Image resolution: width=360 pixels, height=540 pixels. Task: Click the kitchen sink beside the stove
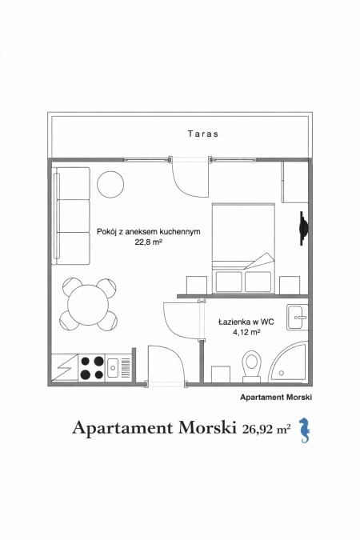(x=113, y=368)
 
